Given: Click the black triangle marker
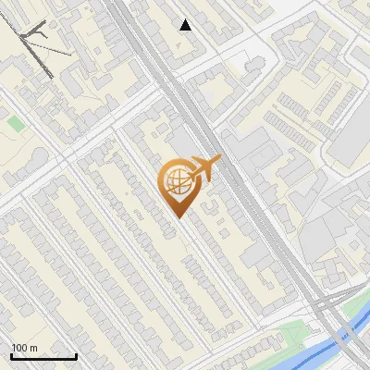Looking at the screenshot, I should tap(186, 25).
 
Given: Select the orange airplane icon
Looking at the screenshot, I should tap(203, 168).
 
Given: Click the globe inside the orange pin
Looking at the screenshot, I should tap(176, 182).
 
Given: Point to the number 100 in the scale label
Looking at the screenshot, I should tap(19, 349).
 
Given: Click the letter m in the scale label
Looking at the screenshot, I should tap(33, 349).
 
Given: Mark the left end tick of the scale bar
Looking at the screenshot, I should tap(11, 355).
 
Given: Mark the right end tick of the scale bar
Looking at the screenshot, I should tap(77, 355).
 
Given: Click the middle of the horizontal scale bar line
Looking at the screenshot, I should tap(43, 357).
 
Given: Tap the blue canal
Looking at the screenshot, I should tap(314, 351).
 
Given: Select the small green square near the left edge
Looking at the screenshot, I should tap(15, 122).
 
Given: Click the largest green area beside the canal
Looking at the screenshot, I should tap(296, 333).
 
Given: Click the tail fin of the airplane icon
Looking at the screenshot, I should tap(216, 161).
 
